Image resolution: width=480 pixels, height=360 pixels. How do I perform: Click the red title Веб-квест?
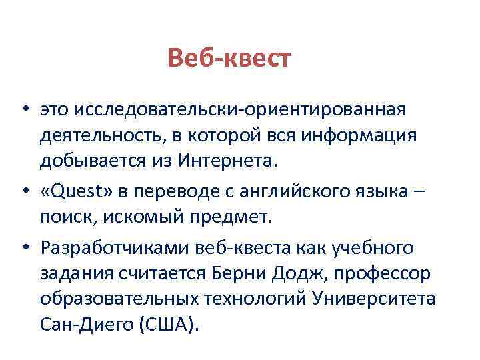[x=229, y=59]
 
